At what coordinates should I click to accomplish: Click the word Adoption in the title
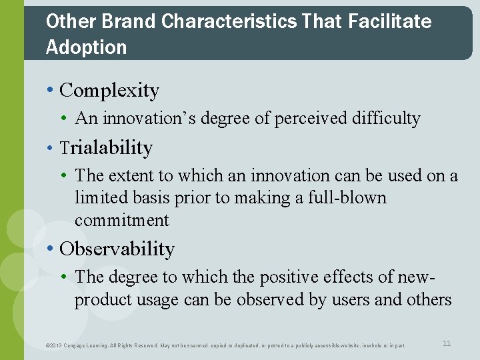pyautogui.click(x=86, y=47)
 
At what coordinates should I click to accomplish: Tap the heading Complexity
pyautogui.click(x=109, y=91)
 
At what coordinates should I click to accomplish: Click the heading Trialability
pyautogui.click(x=106, y=147)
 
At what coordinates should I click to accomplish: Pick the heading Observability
pyautogui.click(x=117, y=249)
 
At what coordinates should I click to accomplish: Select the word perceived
pyautogui.click(x=299, y=119)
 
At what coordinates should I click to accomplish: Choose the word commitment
pyautogui.click(x=122, y=220)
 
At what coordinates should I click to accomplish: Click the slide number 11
pyautogui.click(x=447, y=343)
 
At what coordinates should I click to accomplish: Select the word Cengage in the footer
pyautogui.click(x=81, y=345)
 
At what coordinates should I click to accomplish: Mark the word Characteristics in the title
pyautogui.click(x=229, y=21)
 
